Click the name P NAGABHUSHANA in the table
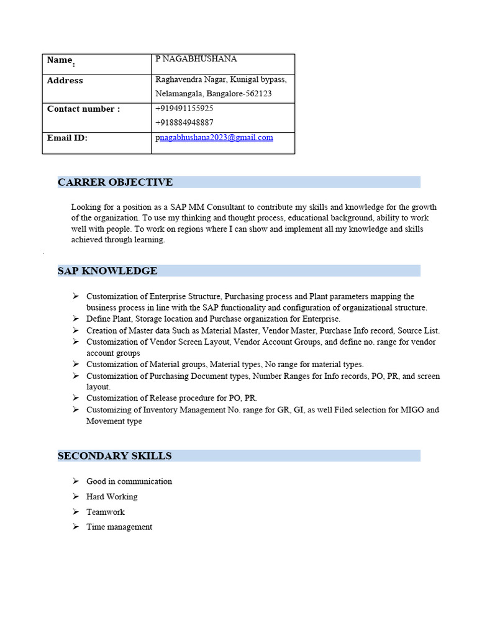(x=196, y=59)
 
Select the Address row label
(x=65, y=81)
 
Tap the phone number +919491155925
(x=184, y=108)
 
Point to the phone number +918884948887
(x=184, y=122)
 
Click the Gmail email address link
(x=216, y=137)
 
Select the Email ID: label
(x=67, y=138)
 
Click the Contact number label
(x=83, y=109)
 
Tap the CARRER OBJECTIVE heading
(x=115, y=182)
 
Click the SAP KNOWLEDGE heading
(x=107, y=271)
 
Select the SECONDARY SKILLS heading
(x=114, y=456)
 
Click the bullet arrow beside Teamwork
(x=75, y=512)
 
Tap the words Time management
(x=119, y=527)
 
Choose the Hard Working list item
(x=112, y=497)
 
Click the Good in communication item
(x=129, y=481)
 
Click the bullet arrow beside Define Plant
(x=75, y=319)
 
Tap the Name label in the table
(x=60, y=60)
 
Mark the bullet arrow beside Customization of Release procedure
(x=75, y=398)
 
